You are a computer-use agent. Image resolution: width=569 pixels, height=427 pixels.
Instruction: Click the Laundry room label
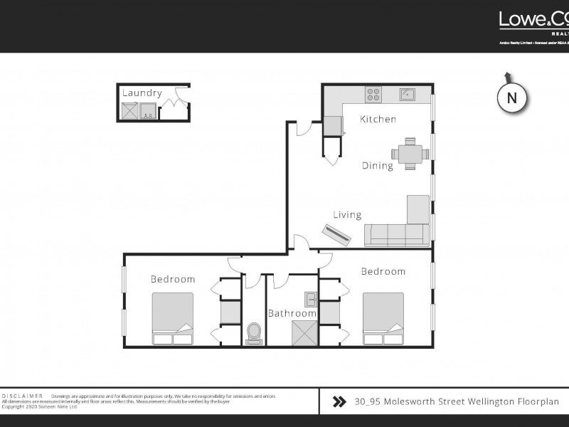pos(142,93)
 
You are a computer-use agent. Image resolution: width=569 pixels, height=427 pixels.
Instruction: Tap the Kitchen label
pos(378,119)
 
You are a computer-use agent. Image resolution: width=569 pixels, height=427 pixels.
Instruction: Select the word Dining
pos(377,166)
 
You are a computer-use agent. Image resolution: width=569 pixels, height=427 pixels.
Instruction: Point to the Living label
pos(347,214)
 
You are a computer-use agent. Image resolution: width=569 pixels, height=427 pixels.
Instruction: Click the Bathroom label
pos(292,313)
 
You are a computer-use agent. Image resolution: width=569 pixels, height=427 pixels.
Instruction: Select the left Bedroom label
pos(172,279)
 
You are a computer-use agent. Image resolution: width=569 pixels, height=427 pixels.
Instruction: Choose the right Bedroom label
pos(383,271)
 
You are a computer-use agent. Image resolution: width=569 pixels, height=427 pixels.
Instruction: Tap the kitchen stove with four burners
pos(373,94)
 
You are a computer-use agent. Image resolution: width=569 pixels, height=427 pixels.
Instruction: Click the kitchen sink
pos(407,94)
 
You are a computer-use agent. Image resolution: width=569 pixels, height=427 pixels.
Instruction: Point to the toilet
pos(253,332)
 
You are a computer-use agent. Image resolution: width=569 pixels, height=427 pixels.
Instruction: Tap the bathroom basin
pos(310,300)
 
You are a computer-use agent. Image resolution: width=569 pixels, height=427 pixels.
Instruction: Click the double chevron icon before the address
pos(340,402)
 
